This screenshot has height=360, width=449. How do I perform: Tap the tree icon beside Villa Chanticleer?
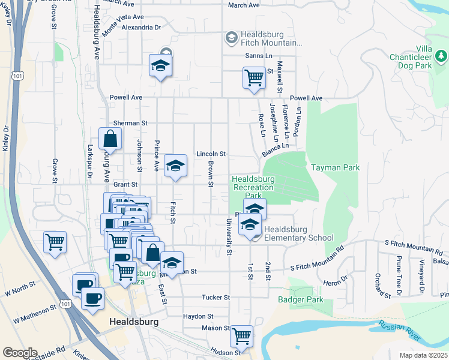[442, 56]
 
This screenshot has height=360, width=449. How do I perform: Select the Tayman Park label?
[335, 168]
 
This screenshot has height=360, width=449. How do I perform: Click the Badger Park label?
[301, 300]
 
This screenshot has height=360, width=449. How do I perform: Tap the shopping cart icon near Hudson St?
[242, 335]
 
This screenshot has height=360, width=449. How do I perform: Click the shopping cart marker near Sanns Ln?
[254, 77]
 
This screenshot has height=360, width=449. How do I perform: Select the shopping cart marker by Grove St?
[55, 242]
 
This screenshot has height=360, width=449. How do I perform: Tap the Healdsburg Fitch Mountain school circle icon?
[231, 38]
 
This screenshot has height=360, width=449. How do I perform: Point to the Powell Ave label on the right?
[306, 98]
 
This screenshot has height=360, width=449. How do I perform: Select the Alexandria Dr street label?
[142, 28]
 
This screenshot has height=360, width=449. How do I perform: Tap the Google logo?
[20, 352]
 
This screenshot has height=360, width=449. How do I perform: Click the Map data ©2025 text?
[423, 355]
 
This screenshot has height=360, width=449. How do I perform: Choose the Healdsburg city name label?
[134, 322]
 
